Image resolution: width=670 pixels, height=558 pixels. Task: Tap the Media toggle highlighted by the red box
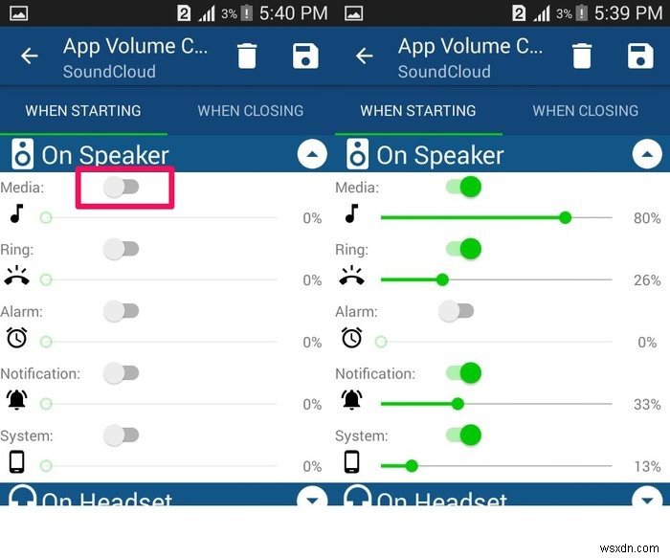(x=122, y=187)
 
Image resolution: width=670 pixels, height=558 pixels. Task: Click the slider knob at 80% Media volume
(x=565, y=218)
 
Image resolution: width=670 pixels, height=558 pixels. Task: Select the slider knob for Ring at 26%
(x=442, y=280)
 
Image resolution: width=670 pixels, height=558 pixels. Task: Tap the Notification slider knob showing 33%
(x=458, y=404)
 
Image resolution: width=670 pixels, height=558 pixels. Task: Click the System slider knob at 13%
(x=412, y=466)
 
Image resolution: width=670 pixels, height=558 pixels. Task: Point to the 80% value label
(x=647, y=218)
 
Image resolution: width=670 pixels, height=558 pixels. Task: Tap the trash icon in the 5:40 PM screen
(x=247, y=56)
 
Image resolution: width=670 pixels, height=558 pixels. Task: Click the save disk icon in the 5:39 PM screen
(x=639, y=56)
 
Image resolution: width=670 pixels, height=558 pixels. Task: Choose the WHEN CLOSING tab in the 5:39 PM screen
(x=585, y=111)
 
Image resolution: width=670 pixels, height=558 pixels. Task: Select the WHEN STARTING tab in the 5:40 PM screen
(x=83, y=111)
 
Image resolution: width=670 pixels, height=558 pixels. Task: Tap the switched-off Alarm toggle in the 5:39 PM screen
(x=457, y=311)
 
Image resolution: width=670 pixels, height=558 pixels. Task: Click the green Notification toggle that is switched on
(x=463, y=373)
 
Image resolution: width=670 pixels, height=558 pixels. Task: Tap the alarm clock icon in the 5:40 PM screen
(x=16, y=337)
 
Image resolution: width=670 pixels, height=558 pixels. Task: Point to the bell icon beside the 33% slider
(x=352, y=399)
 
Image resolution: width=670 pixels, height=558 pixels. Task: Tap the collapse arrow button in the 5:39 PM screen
(x=647, y=153)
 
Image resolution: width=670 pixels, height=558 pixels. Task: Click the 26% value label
(x=647, y=280)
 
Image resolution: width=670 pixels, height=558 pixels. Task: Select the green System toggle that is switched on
(x=463, y=435)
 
